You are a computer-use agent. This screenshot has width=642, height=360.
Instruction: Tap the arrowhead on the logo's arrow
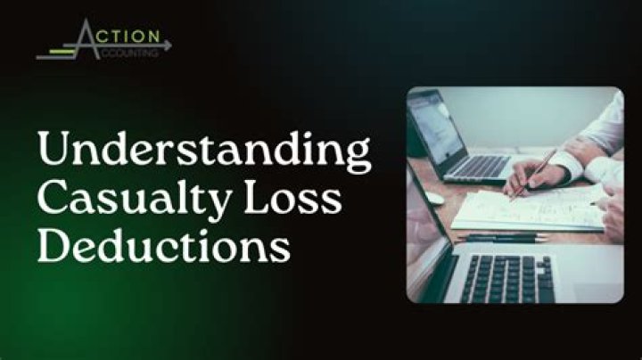(168, 43)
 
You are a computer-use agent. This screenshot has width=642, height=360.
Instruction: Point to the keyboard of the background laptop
(481, 166)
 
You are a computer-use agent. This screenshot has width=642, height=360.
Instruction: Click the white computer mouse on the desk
(436, 198)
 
